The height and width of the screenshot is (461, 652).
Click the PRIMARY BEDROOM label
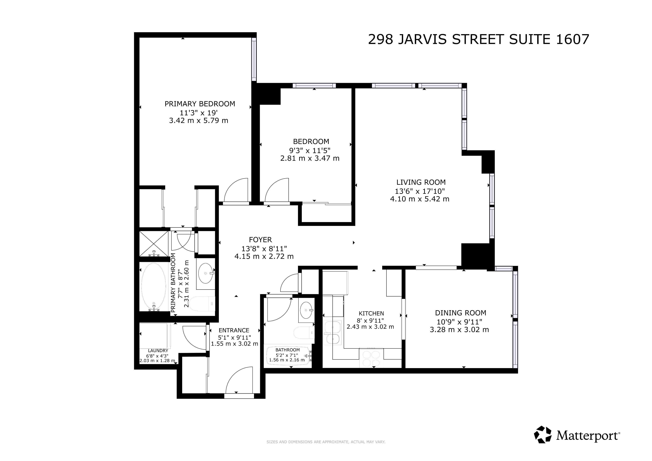pyautogui.click(x=200, y=104)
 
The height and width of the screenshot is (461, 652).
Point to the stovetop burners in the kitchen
pyautogui.click(x=371, y=359)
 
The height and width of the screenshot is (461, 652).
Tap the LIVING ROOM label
pyautogui.click(x=421, y=182)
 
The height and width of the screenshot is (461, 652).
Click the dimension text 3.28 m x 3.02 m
pyautogui.click(x=459, y=330)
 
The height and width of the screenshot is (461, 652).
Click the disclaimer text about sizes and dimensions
pyautogui.click(x=326, y=442)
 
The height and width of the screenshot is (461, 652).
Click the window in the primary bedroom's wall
pyautogui.click(x=254, y=59)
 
